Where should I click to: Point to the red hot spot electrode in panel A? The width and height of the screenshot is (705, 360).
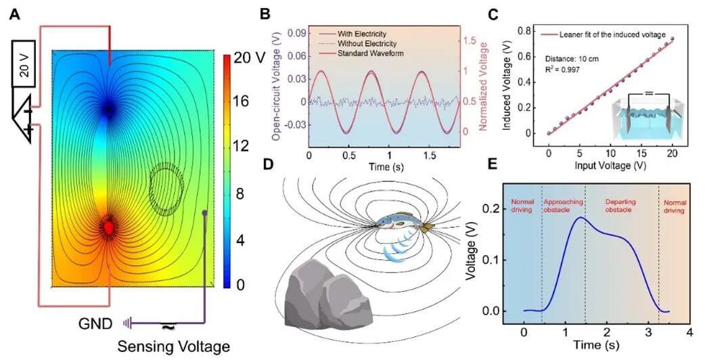click(x=108, y=228)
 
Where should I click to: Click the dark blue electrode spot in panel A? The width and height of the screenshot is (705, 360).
click(x=108, y=108)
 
